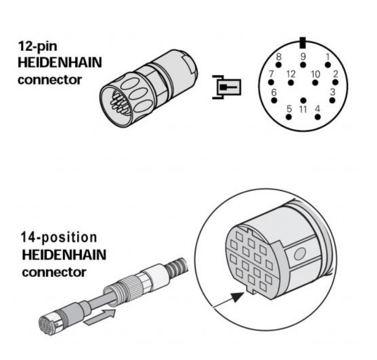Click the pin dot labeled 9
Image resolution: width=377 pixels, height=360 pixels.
click(303, 65)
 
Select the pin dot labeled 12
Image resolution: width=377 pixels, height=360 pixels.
click(291, 83)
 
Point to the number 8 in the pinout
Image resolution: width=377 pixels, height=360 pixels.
click(278, 56)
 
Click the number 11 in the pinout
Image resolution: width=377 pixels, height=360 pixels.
click(303, 109)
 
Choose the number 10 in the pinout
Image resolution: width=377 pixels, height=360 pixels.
click(316, 73)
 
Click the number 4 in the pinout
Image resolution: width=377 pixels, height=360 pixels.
click(317, 109)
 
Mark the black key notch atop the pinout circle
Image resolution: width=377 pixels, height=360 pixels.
click(303, 42)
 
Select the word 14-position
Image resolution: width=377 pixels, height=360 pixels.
click(59, 237)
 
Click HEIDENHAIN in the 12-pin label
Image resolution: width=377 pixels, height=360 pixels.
click(59, 63)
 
